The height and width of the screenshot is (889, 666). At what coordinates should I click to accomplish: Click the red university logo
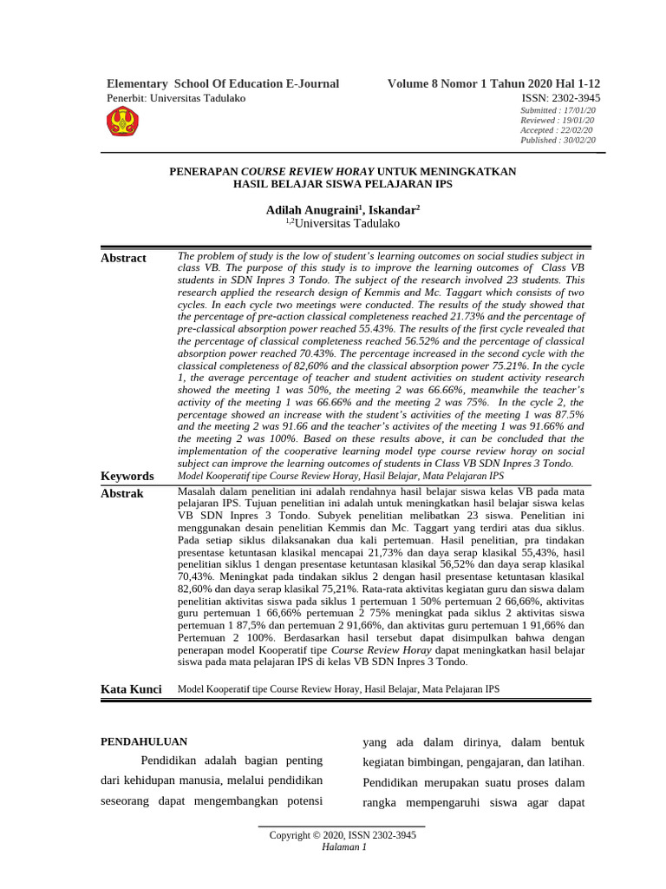click(x=121, y=122)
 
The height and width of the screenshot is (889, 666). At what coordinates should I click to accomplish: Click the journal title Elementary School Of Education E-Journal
click(x=223, y=84)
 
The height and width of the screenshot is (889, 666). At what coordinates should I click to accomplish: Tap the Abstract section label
click(x=124, y=258)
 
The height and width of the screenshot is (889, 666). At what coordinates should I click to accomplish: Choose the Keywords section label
click(x=127, y=476)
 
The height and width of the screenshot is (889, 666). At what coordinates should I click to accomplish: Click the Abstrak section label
click(x=122, y=493)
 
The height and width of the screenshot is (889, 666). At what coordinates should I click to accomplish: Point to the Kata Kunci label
click(x=132, y=689)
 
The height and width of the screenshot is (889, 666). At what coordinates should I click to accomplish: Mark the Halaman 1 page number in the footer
click(x=343, y=847)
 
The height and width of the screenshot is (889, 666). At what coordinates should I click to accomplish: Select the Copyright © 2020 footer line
click(x=343, y=836)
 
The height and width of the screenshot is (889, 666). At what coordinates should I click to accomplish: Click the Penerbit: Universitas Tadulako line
click(x=176, y=98)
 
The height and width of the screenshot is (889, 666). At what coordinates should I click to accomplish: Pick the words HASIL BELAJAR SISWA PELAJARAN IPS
click(x=343, y=184)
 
